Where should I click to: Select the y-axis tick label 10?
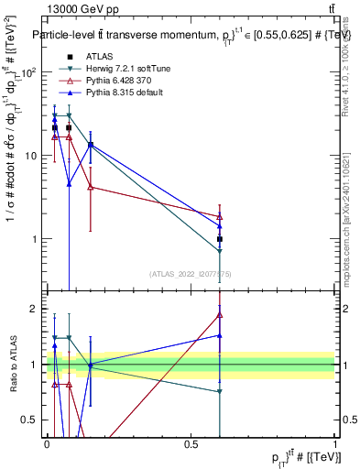click(33, 156)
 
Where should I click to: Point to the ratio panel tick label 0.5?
click(32, 420)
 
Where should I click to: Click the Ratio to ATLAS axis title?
click(12, 365)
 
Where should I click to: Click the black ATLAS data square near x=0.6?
click(220, 239)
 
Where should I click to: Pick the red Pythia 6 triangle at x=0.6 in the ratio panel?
click(220, 314)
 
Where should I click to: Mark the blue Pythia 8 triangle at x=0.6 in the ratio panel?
click(220, 335)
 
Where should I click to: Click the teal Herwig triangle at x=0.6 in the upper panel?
click(220, 251)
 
